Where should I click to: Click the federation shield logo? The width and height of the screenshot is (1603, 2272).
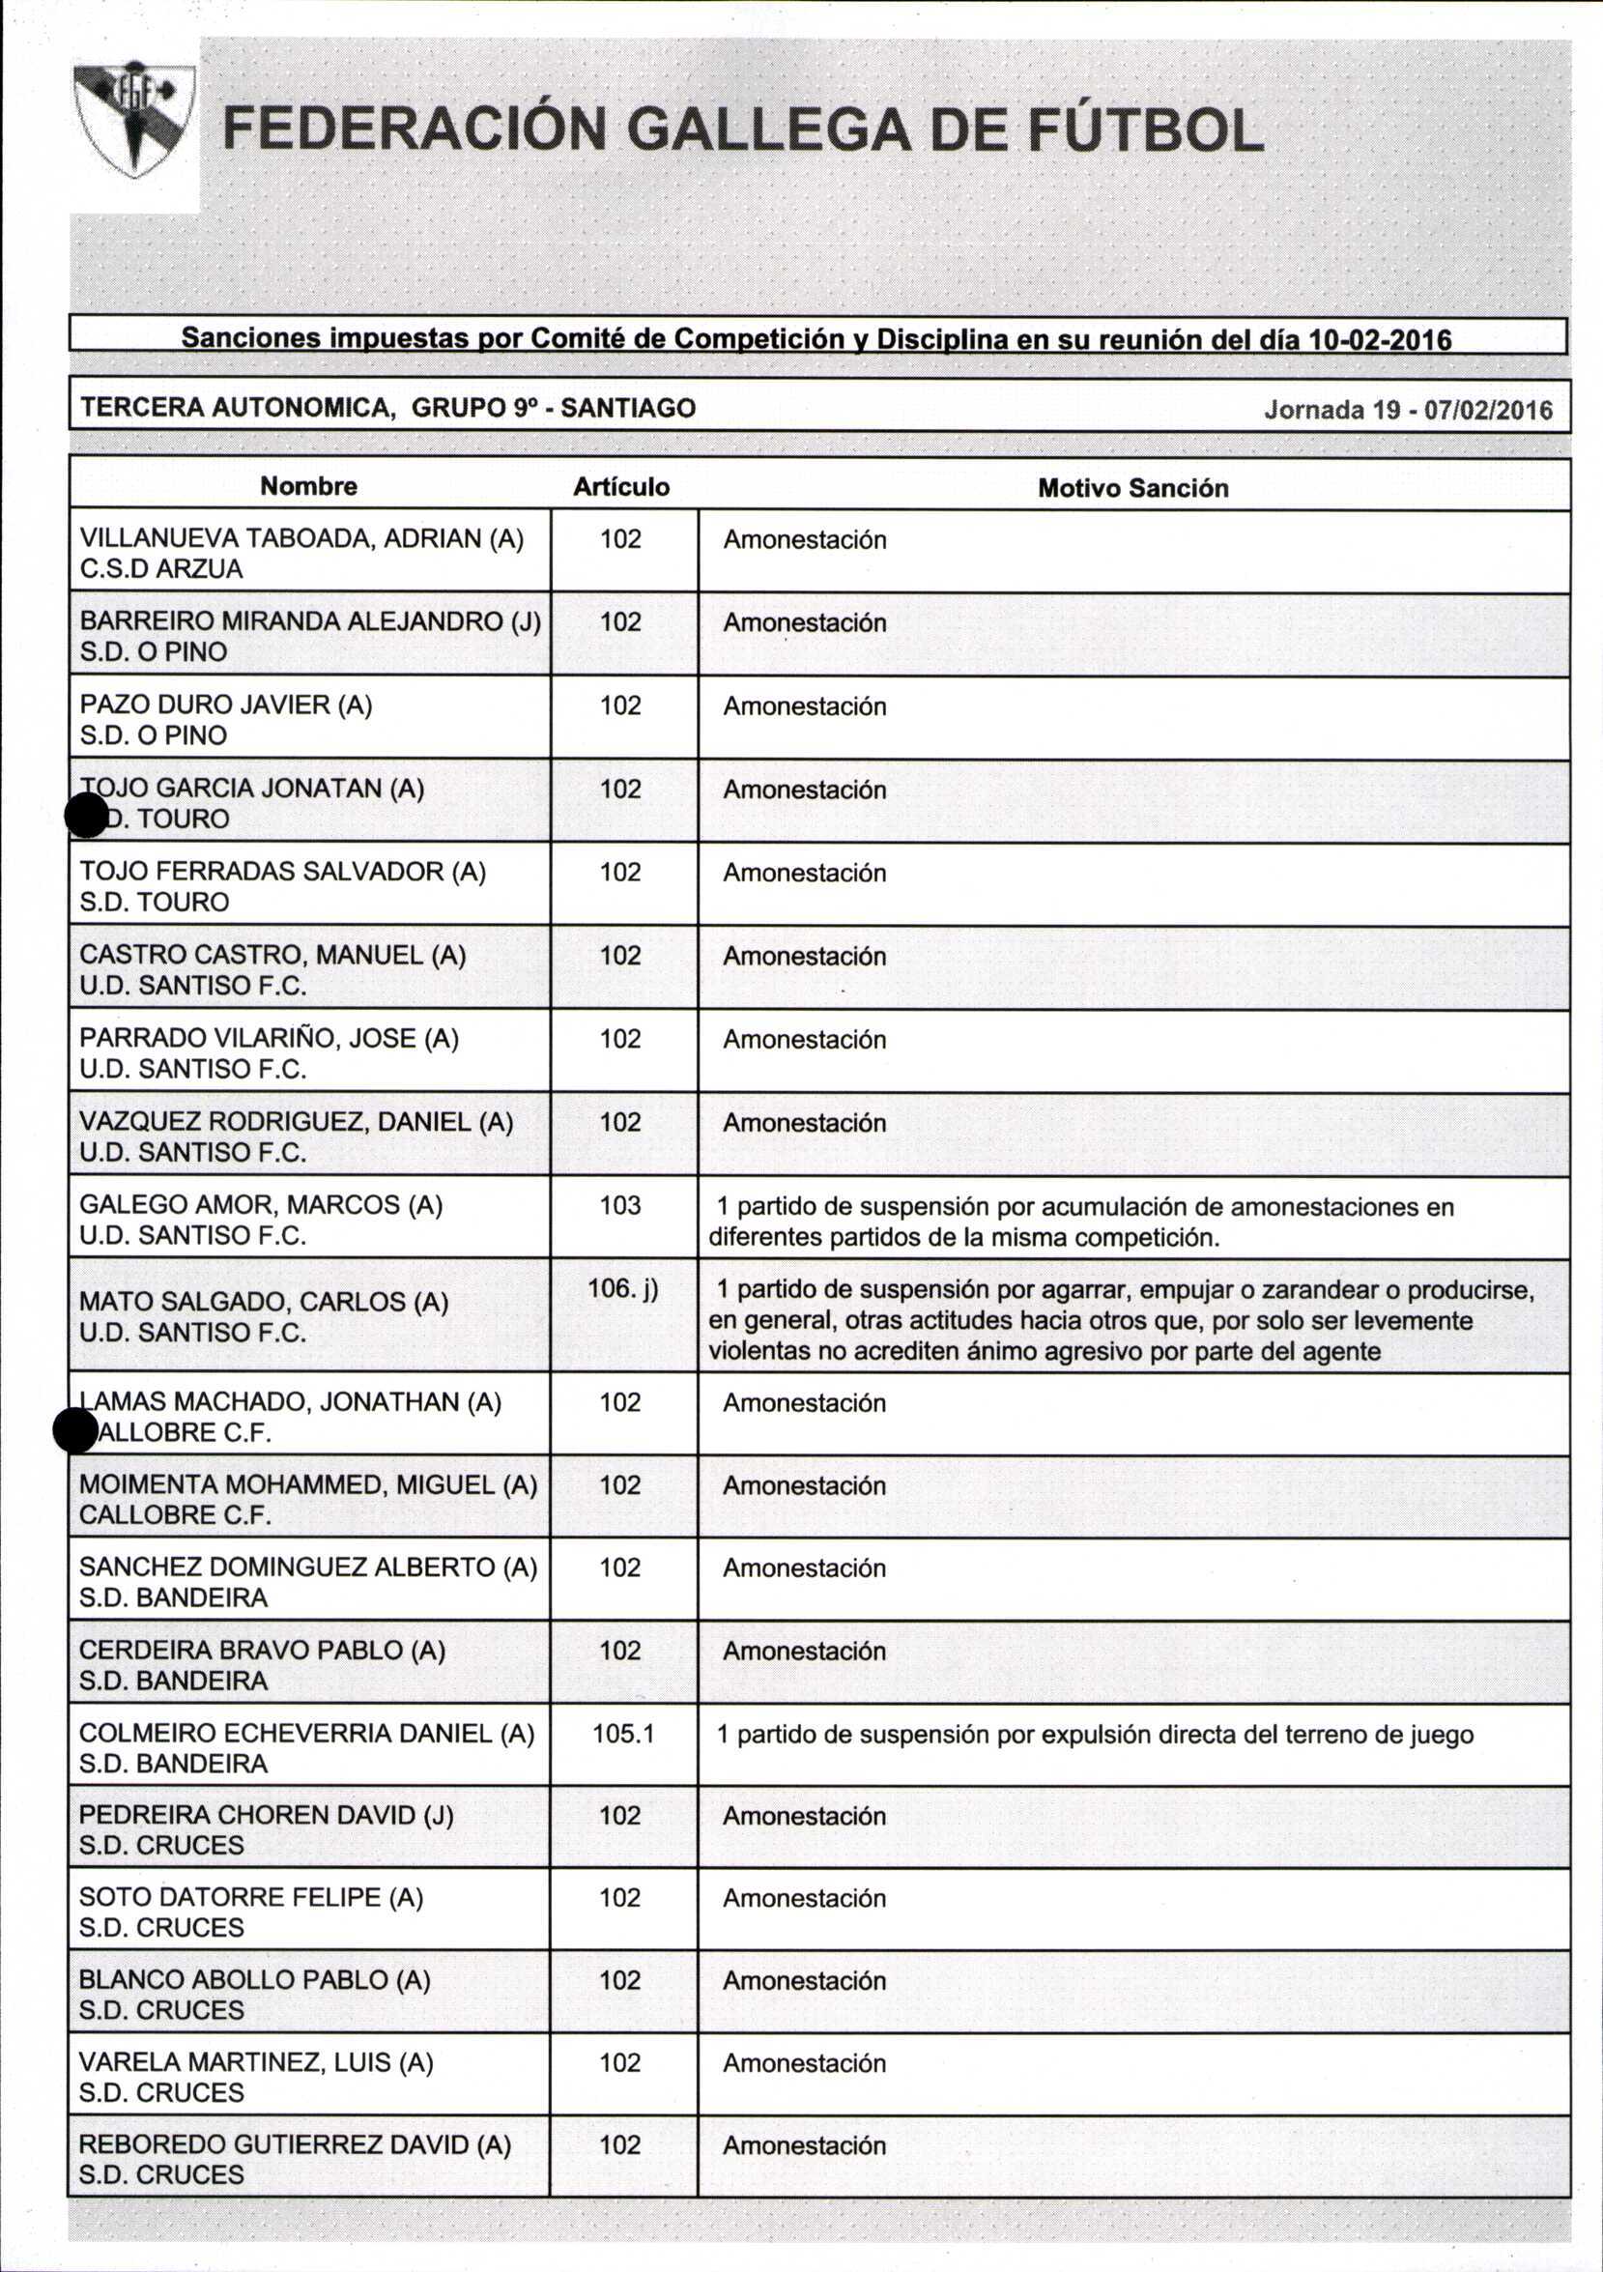pyautogui.click(x=134, y=119)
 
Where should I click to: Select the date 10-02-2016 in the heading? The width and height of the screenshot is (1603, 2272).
pyautogui.click(x=1380, y=340)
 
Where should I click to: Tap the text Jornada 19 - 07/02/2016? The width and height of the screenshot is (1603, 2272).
pyautogui.click(x=1408, y=410)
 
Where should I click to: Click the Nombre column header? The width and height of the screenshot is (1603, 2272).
pyautogui.click(x=309, y=486)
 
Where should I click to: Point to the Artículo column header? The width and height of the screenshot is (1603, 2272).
pyautogui.click(x=621, y=487)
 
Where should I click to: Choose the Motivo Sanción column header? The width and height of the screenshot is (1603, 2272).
pyautogui.click(x=1133, y=488)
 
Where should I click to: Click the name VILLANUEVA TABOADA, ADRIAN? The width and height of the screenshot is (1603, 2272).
pyautogui.click(x=301, y=538)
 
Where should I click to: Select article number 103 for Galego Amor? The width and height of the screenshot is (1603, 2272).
pyautogui.click(x=620, y=1205)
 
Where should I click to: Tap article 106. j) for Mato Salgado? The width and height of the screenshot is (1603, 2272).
pyautogui.click(x=622, y=1288)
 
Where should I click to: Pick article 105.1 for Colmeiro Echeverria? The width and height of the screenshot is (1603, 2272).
pyautogui.click(x=623, y=1733)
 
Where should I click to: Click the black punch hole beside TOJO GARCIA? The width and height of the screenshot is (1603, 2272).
pyautogui.click(x=86, y=818)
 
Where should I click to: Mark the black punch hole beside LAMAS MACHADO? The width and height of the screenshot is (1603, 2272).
pyautogui.click(x=75, y=1431)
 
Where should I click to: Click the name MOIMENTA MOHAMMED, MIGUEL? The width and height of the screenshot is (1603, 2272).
pyautogui.click(x=307, y=1484)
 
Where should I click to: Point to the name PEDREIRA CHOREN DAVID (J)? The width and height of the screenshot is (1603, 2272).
pyautogui.click(x=266, y=1815)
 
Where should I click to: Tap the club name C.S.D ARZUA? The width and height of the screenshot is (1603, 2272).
pyautogui.click(x=161, y=569)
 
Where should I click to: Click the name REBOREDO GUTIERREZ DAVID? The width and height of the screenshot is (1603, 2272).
pyautogui.click(x=295, y=2144)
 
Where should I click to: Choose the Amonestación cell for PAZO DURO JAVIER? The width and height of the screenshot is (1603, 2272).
pyautogui.click(x=805, y=706)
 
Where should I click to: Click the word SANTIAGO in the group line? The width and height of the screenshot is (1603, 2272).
pyautogui.click(x=628, y=408)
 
